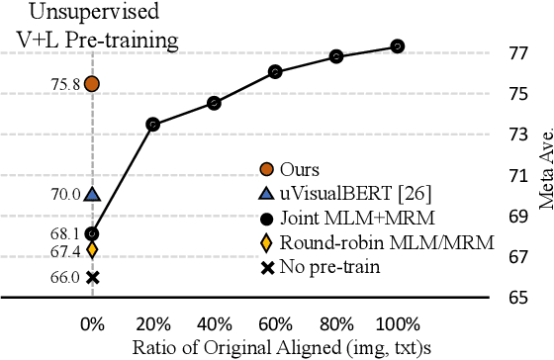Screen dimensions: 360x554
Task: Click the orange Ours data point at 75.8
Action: [x=92, y=84]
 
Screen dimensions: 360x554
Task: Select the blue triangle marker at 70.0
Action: [x=92, y=195]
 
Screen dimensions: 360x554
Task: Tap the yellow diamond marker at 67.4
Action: [x=92, y=249]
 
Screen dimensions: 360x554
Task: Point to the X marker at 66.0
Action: [x=92, y=278]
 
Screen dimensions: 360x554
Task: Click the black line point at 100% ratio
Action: [x=397, y=45]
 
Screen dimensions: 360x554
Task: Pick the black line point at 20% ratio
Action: [x=152, y=124]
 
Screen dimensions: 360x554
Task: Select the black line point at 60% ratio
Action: [x=275, y=71]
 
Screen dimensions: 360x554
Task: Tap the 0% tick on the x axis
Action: [x=92, y=322]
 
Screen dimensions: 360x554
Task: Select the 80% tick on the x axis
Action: [x=336, y=322]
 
